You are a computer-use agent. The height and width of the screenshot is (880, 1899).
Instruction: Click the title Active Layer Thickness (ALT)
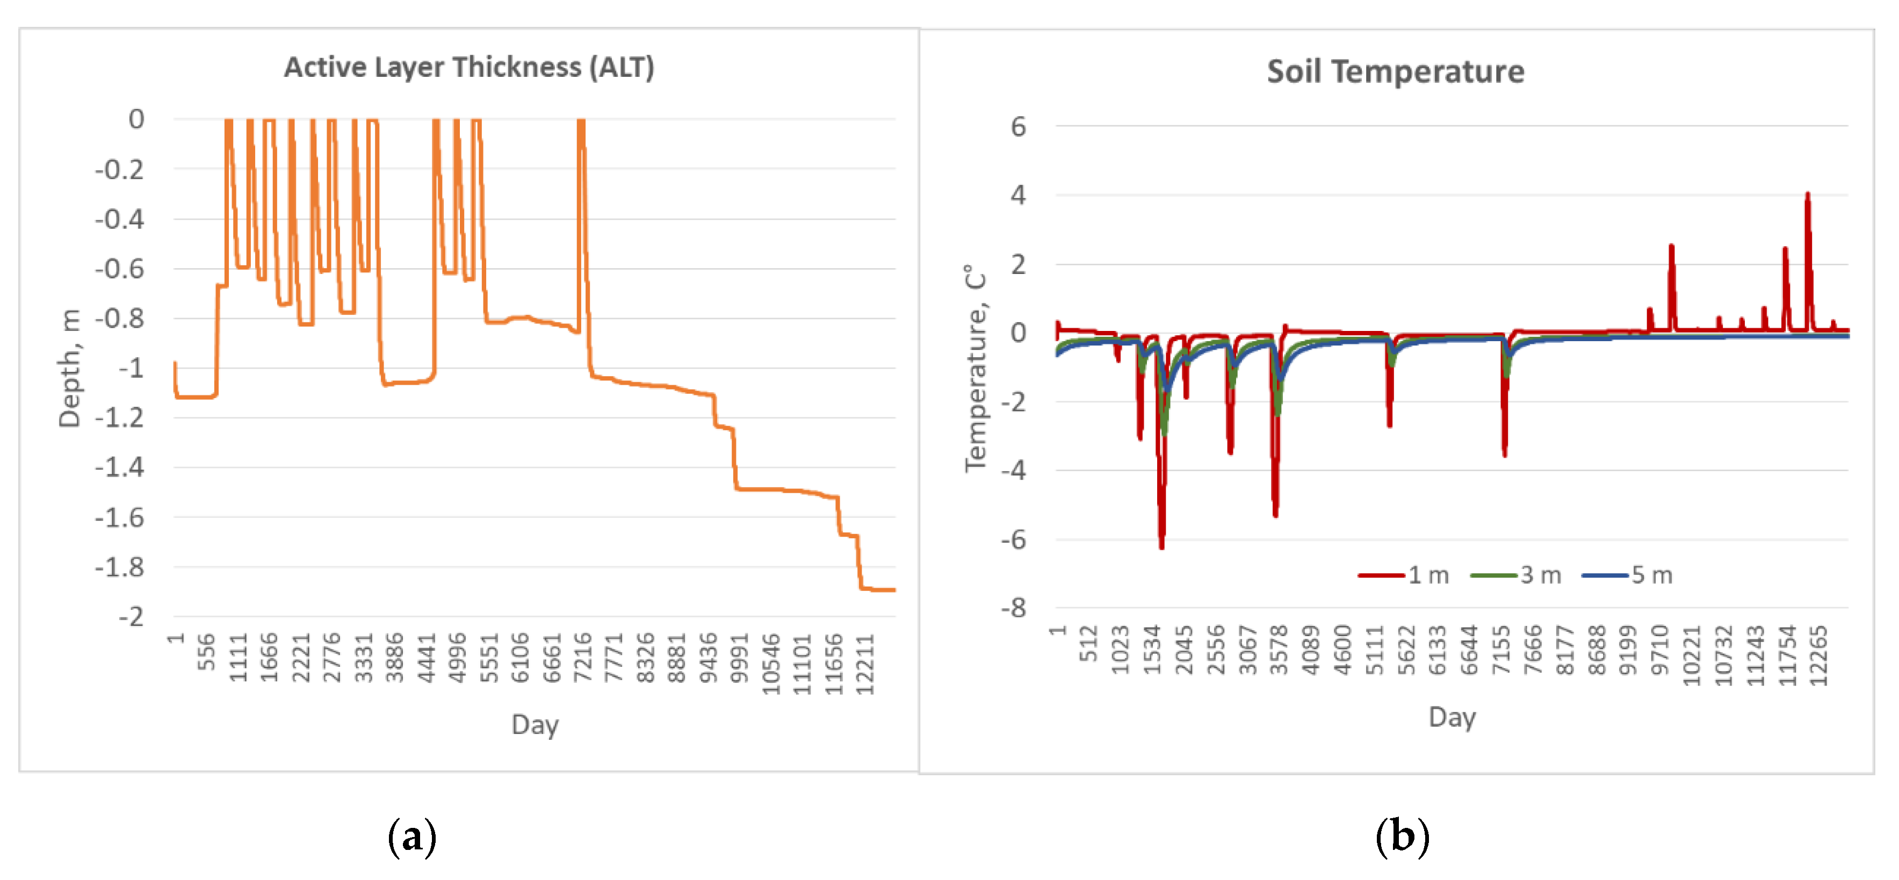point(469,67)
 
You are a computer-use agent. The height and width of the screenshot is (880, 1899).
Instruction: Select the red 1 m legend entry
point(1404,575)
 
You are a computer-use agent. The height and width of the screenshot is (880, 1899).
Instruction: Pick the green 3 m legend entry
point(1517,575)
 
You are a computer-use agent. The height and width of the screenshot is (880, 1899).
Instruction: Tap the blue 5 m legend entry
point(1628,575)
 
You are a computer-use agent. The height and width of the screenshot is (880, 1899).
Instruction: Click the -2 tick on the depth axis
point(131,616)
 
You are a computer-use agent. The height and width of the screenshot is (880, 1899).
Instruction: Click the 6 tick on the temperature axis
point(1018,127)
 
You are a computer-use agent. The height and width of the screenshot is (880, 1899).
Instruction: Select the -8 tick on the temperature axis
point(1014,608)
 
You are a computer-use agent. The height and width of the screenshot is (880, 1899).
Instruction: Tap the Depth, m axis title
point(69,369)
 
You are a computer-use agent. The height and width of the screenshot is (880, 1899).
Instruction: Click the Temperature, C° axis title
point(976,369)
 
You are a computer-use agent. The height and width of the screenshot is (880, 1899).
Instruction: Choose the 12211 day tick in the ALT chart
point(865,663)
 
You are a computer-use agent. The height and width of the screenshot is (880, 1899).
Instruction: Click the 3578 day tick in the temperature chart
point(1279,650)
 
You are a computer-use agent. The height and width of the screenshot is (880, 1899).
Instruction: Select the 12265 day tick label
point(1818,656)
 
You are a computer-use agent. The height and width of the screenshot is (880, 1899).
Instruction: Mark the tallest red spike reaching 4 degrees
point(1808,196)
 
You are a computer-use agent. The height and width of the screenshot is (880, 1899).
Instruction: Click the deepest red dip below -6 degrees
point(1162,545)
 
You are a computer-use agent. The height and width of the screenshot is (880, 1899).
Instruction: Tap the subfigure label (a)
point(412,837)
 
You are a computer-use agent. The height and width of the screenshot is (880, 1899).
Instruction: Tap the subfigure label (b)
point(1402,837)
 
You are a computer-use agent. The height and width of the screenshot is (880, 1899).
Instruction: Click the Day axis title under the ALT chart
point(535,725)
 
